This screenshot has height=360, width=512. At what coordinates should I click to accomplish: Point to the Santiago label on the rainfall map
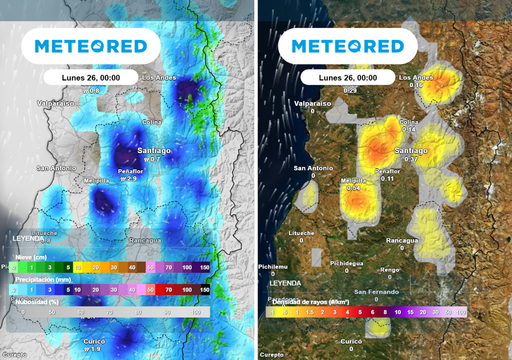pos(153,149)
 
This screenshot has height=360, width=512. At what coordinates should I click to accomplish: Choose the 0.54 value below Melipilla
pos(353,189)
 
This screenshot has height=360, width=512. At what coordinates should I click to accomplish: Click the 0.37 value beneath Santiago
pos(409,159)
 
